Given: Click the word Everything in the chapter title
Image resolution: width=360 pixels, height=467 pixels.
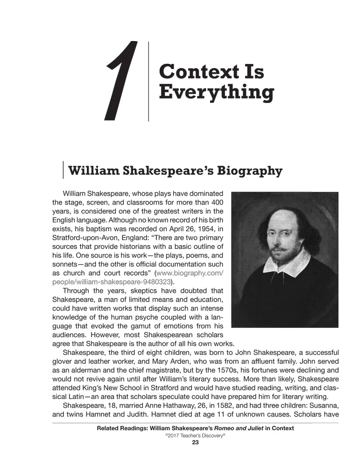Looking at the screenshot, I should click(216, 92).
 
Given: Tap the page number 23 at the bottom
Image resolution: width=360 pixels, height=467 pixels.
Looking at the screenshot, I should click(196, 444).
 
